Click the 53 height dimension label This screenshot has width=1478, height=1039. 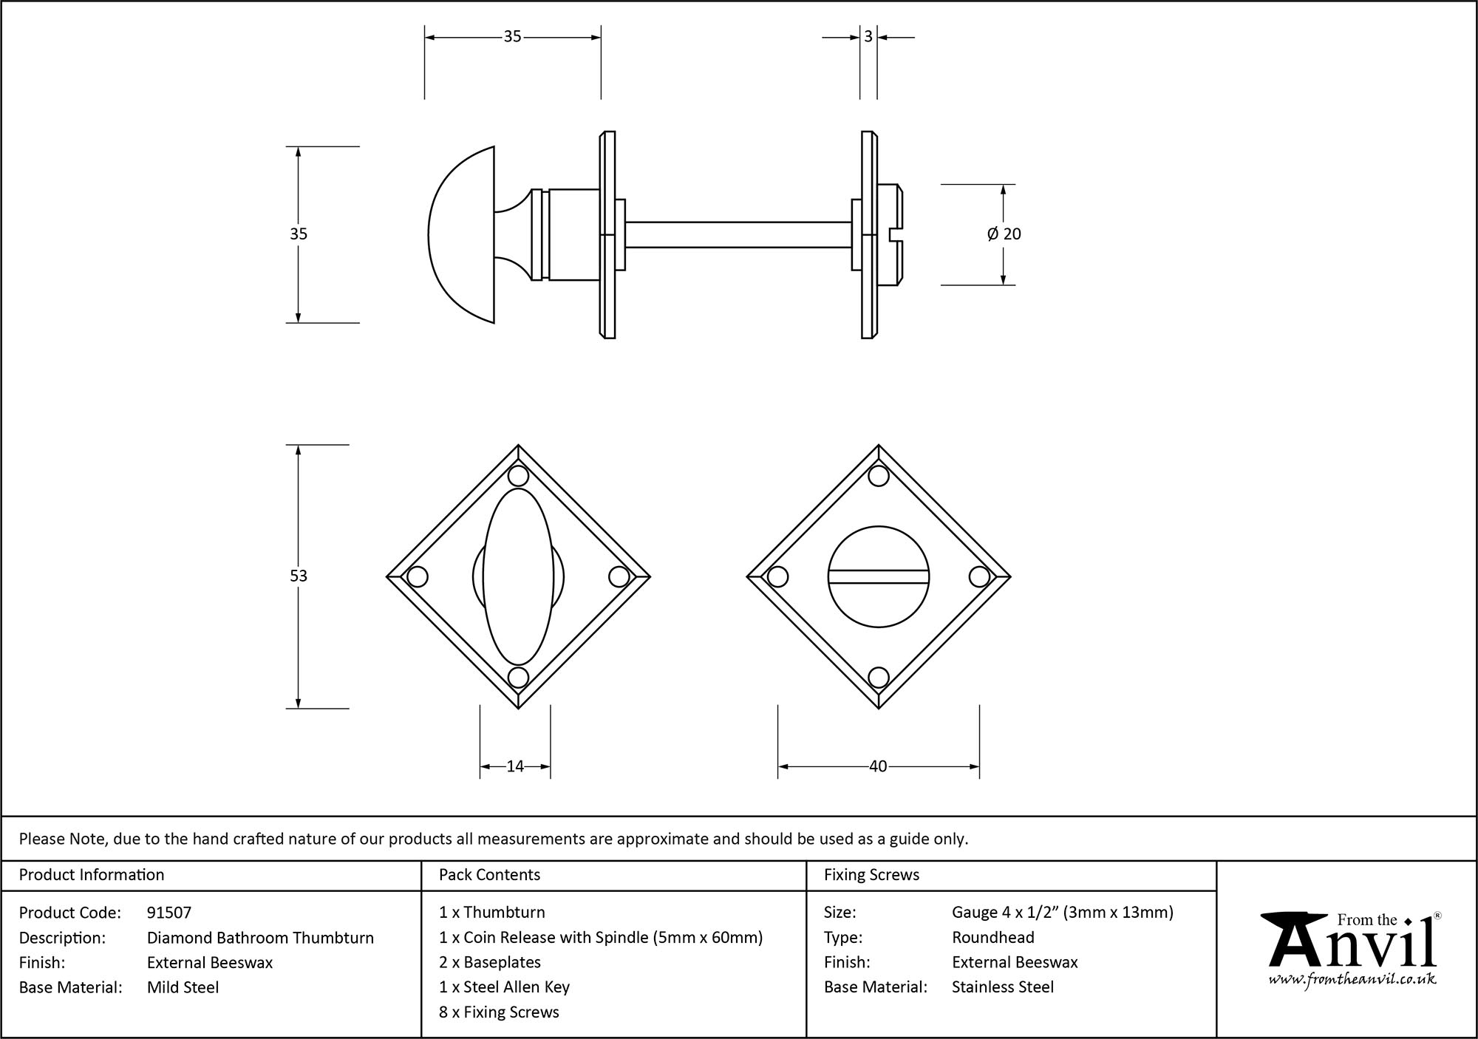coord(298,576)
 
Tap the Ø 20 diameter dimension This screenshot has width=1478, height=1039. coord(1004,234)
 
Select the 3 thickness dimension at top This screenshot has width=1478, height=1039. coord(868,36)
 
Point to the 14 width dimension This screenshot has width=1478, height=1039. coord(515,766)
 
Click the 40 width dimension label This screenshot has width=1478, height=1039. coord(878,766)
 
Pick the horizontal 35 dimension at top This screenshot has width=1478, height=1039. coord(512,36)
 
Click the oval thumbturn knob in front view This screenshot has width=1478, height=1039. coord(518,576)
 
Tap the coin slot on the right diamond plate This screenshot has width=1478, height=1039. coord(878,576)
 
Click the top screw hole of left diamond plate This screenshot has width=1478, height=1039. coord(518,475)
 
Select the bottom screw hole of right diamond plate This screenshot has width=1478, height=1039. coord(878,677)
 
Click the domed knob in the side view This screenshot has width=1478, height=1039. coord(462,234)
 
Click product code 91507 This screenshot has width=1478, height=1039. coord(169,913)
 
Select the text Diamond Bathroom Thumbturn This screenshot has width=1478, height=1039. coord(260,938)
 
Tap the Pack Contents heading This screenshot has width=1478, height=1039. coord(489,875)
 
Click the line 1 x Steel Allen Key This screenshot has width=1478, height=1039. coord(504,987)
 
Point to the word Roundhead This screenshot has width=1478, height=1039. coord(992,938)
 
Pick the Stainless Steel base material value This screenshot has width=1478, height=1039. coord(1002,987)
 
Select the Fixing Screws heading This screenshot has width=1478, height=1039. coord(871,875)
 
